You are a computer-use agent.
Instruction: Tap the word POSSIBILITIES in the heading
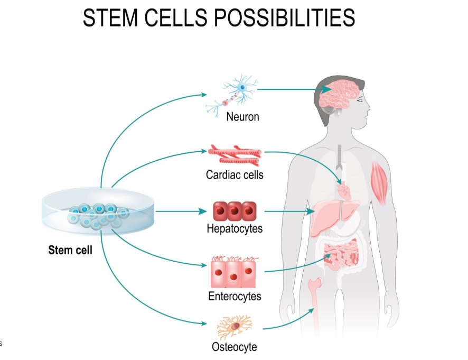284,19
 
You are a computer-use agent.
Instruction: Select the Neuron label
242,116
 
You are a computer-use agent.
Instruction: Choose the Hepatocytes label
235,229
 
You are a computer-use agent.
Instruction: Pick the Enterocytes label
235,296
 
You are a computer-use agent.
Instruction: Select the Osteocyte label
235,347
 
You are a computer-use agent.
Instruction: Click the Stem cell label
70,250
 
